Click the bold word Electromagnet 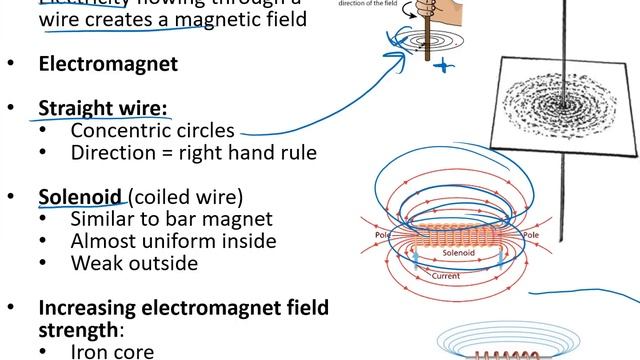point(108,64)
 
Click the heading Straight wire point(103,108)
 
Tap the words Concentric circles point(152,130)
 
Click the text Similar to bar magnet point(171,219)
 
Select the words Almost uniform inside point(173,241)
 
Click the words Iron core point(112,352)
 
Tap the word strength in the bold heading point(79,328)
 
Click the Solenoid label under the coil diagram point(462,255)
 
